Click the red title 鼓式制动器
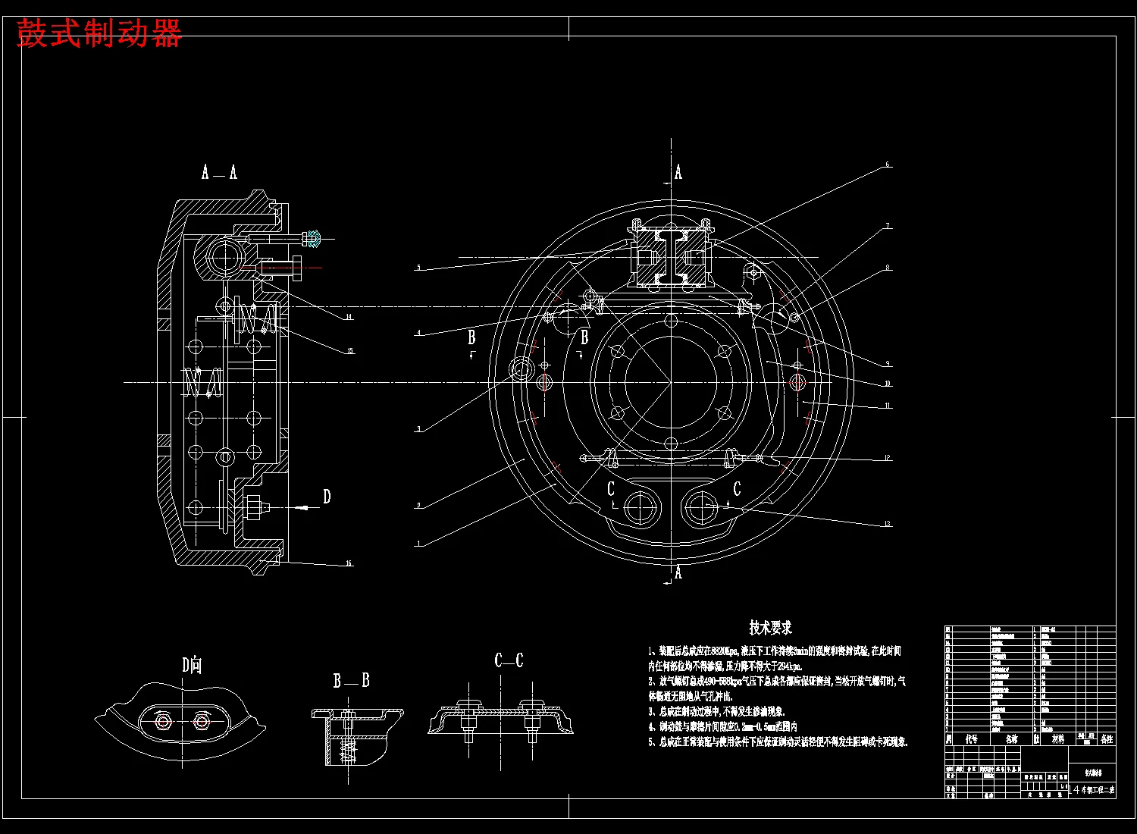99,34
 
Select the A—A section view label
219,173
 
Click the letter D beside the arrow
327,497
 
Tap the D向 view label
191,666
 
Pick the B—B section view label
351,680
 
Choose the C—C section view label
509,660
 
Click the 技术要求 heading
770,628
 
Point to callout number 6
888,165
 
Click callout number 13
888,524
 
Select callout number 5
418,268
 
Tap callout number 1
418,544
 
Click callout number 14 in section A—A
349,317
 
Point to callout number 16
349,563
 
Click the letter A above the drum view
678,173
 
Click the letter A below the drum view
678,572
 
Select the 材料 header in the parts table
1058,738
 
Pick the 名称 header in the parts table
1011,738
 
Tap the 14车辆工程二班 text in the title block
1093,790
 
